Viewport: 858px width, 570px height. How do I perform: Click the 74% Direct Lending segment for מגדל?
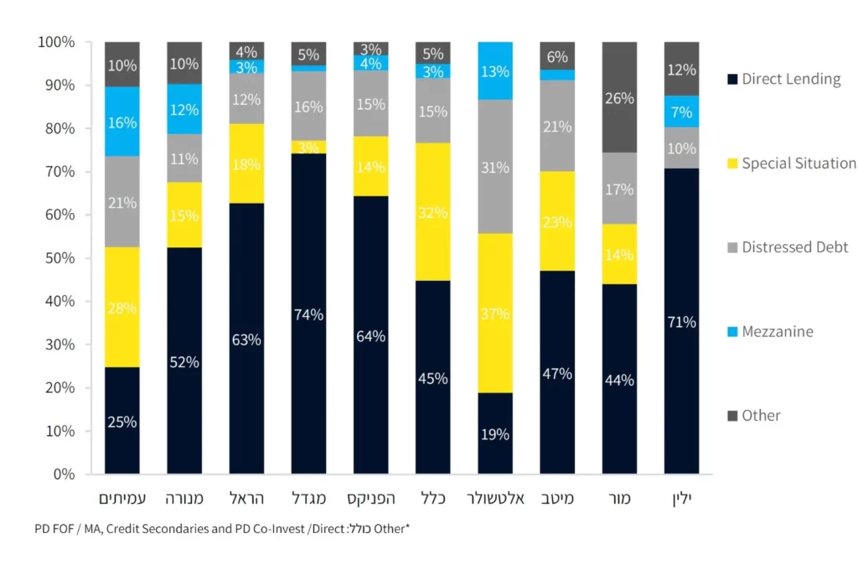(308, 314)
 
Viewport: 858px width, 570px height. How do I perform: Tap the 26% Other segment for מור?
(619, 98)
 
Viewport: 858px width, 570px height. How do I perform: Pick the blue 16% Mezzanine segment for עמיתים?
(121, 122)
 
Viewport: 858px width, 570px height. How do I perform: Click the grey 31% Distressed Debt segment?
(495, 168)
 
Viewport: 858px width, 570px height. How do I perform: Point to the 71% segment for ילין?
(681, 322)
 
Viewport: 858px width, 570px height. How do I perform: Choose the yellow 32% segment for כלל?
(433, 212)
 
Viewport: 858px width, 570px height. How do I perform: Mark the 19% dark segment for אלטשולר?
(495, 433)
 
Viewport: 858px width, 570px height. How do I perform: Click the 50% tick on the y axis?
(59, 258)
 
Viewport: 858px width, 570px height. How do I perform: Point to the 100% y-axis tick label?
(56, 42)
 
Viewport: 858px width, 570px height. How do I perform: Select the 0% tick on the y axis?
(63, 474)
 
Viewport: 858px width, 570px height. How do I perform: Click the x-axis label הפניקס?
(371, 499)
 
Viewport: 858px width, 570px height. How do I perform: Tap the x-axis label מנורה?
(184, 499)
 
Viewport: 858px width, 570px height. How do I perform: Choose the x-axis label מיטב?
(557, 499)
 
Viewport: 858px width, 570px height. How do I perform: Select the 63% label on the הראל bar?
(246, 340)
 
